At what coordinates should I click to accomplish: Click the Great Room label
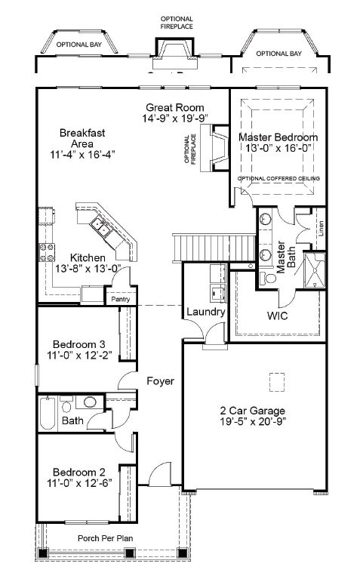click(x=175, y=108)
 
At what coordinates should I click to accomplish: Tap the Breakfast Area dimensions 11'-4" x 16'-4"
click(x=82, y=155)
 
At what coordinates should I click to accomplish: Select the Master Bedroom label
click(x=278, y=137)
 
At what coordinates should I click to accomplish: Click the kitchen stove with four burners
click(x=47, y=252)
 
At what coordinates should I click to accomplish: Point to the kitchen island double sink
click(x=101, y=227)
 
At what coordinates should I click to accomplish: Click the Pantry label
click(x=121, y=299)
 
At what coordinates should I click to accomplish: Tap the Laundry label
click(x=205, y=312)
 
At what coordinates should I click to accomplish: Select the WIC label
click(x=277, y=316)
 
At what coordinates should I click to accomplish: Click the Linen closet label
click(x=321, y=228)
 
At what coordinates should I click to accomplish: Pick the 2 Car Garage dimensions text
click(x=253, y=421)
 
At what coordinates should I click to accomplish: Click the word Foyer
click(x=160, y=381)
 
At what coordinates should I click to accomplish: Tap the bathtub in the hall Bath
click(x=48, y=414)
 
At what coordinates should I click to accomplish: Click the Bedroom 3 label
click(x=79, y=344)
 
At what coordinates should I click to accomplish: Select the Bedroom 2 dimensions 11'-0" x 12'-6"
click(x=79, y=483)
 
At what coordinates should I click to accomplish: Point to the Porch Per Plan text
click(x=105, y=538)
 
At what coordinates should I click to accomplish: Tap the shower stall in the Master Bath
click(x=315, y=270)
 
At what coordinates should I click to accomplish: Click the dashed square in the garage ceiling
click(x=277, y=382)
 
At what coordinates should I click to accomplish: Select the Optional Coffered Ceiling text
click(x=278, y=179)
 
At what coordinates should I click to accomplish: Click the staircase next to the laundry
click(x=214, y=248)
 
